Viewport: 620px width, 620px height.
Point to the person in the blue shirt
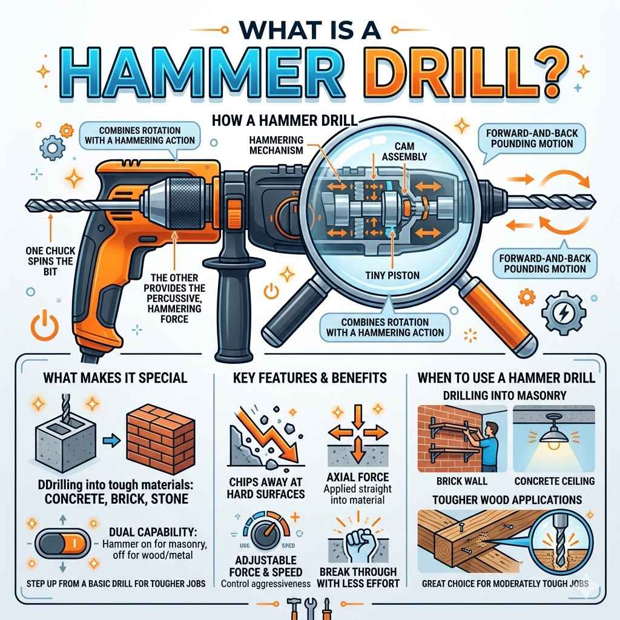tap(487, 442)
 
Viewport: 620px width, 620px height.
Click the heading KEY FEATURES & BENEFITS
tap(309, 378)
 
